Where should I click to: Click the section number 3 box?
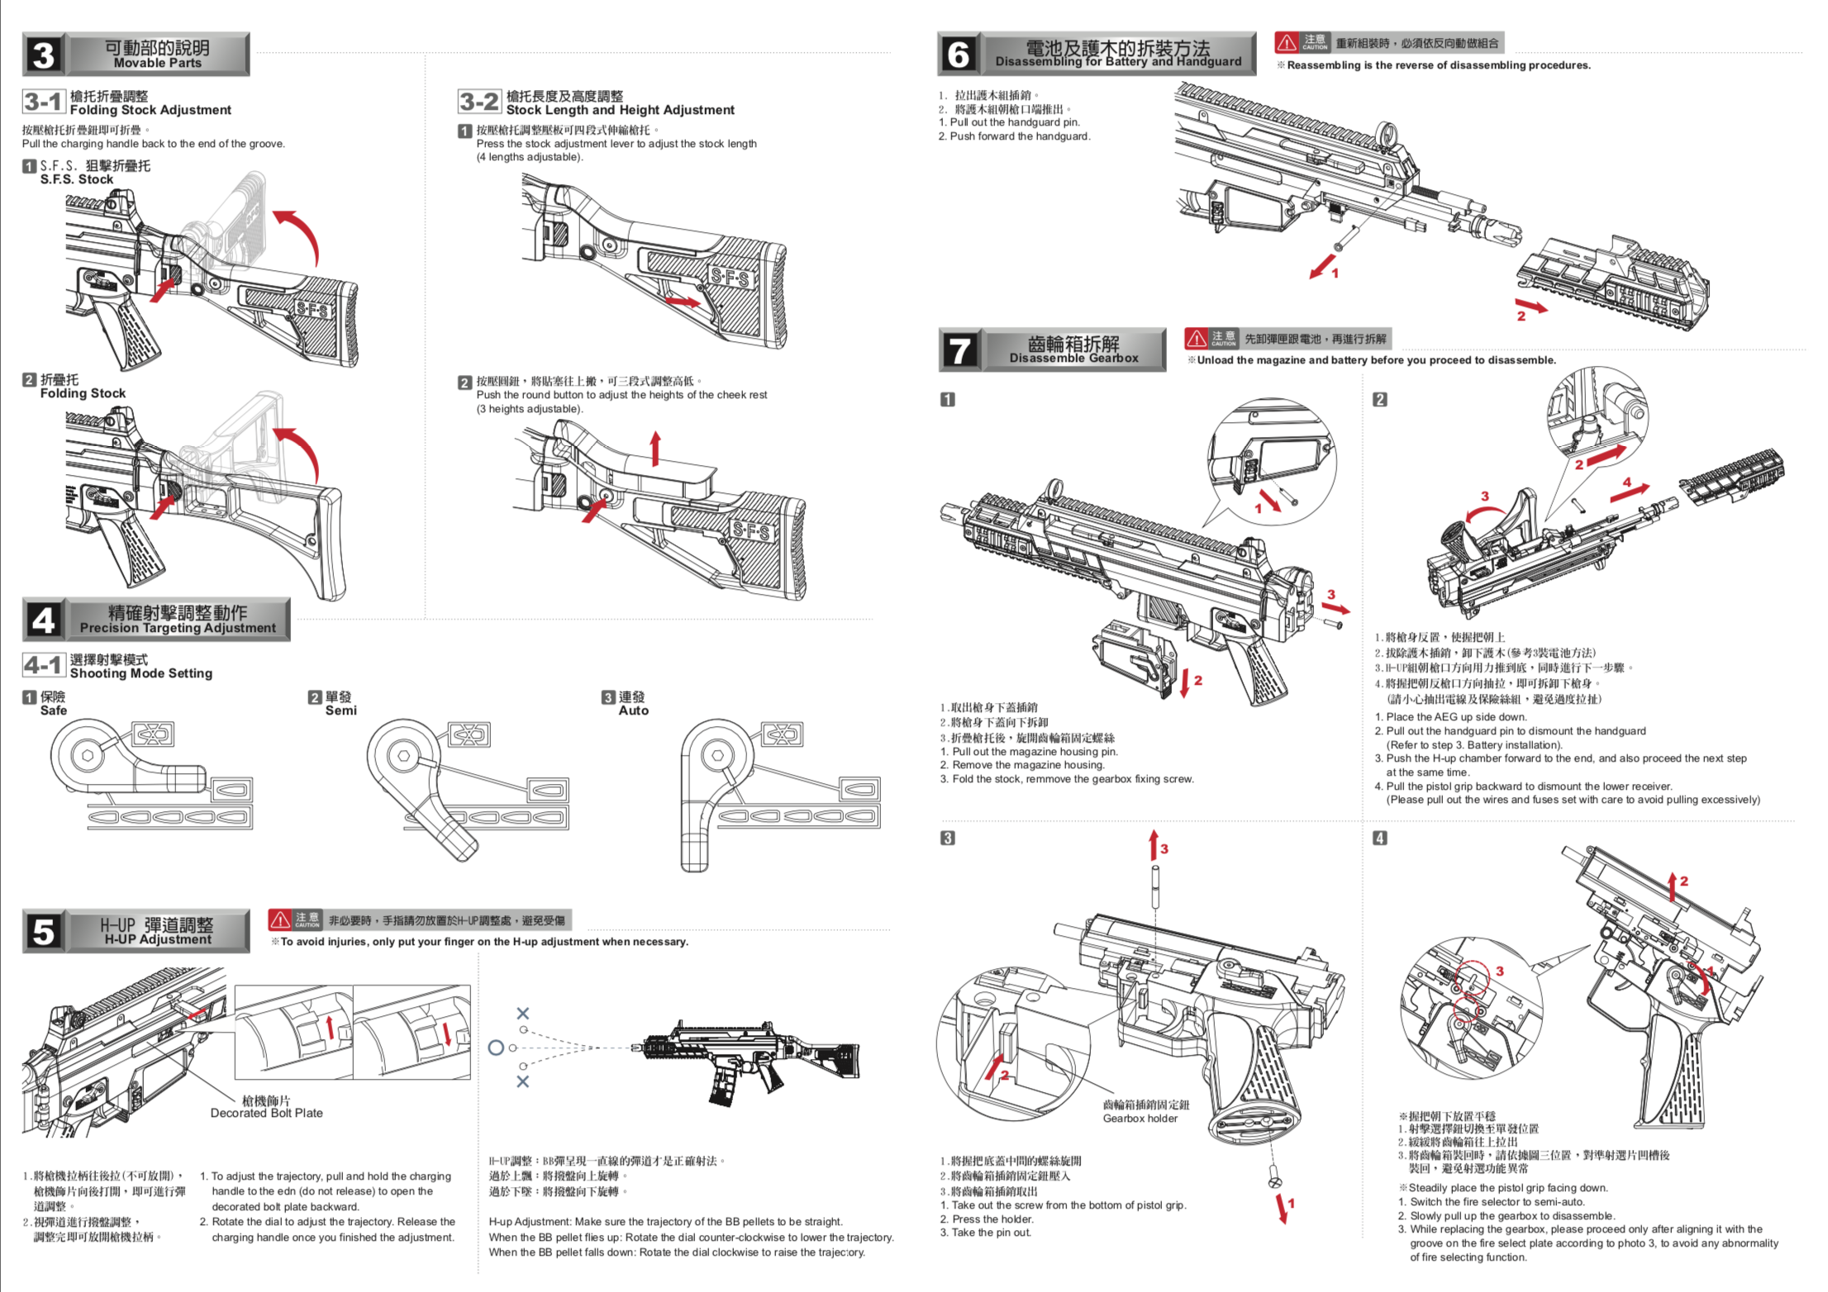pos(43,55)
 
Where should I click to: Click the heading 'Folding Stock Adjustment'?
pos(150,110)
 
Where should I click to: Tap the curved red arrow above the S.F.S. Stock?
pos(302,235)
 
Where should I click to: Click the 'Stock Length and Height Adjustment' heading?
pos(620,110)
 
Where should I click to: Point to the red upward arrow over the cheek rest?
pos(655,449)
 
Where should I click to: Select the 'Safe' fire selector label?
pos(53,710)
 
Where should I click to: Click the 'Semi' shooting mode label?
pos(340,710)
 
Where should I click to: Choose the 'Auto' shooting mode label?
pos(633,710)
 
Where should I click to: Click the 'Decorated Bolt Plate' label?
pos(266,1113)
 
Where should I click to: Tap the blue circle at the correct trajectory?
pos(496,1047)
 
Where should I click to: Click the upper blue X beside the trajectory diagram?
pos(522,1014)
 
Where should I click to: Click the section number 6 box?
pos(958,55)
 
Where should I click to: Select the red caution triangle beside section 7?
pos(1196,338)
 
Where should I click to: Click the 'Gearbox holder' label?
pos(1140,1118)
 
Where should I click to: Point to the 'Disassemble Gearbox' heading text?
pos(1073,358)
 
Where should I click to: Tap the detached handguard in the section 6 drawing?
pos(1611,285)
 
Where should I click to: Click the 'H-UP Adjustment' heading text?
pos(158,939)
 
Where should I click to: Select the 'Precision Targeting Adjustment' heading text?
pos(178,628)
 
